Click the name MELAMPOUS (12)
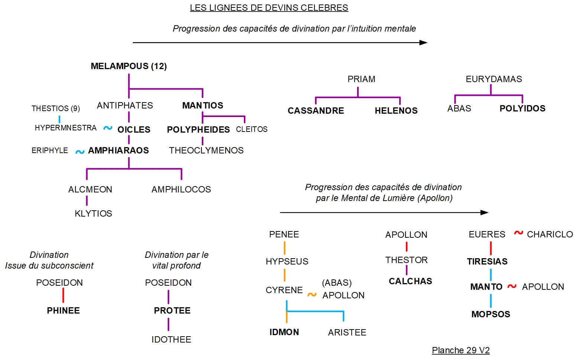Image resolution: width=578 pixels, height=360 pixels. click(129, 66)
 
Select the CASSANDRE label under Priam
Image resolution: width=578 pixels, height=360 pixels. click(316, 111)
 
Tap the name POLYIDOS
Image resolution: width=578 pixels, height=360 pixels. click(522, 108)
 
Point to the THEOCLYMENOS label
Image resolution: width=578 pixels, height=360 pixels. click(206, 150)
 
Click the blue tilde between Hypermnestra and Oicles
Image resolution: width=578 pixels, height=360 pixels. click(108, 128)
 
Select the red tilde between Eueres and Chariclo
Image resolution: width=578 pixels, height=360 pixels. click(519, 233)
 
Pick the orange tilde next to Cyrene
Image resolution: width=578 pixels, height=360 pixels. click(312, 295)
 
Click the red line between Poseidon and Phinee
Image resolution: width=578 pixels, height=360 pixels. click(63, 295)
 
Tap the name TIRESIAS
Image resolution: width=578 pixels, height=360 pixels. click(487, 262)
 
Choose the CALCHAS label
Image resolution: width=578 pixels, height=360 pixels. click(410, 281)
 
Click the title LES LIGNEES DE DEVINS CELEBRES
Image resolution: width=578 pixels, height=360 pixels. click(269, 8)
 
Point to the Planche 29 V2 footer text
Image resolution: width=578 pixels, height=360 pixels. click(461, 350)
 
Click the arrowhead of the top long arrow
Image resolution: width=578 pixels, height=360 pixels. click(423, 43)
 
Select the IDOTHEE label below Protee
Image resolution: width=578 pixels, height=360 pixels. click(171, 340)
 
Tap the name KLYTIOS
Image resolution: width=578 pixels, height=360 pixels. click(93, 214)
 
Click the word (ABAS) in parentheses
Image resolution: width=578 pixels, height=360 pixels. click(337, 283)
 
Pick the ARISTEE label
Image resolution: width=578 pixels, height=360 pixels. click(347, 333)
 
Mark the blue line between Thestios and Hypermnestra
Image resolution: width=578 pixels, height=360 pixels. click(59, 119)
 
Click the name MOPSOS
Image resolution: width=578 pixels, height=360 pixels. click(491, 314)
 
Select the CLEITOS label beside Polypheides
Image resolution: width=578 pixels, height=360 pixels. click(252, 129)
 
